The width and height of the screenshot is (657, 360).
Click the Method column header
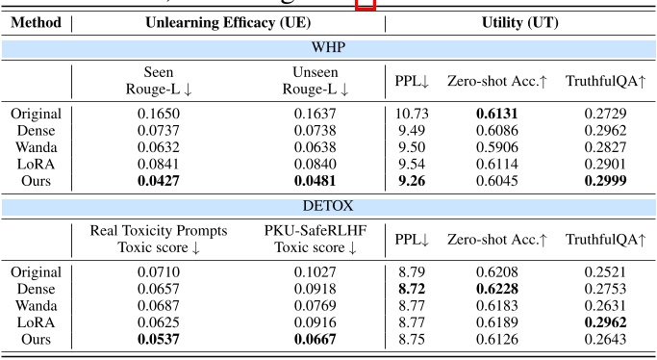pos(37,22)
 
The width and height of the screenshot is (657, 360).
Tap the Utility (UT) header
pos(521,22)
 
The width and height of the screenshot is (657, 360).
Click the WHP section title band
pos(329,47)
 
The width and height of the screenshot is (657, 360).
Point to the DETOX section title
pos(329,206)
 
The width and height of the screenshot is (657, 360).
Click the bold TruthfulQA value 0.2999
pos(605,179)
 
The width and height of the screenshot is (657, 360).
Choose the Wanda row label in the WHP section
pos(37,146)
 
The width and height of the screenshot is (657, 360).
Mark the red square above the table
pos(366,4)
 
